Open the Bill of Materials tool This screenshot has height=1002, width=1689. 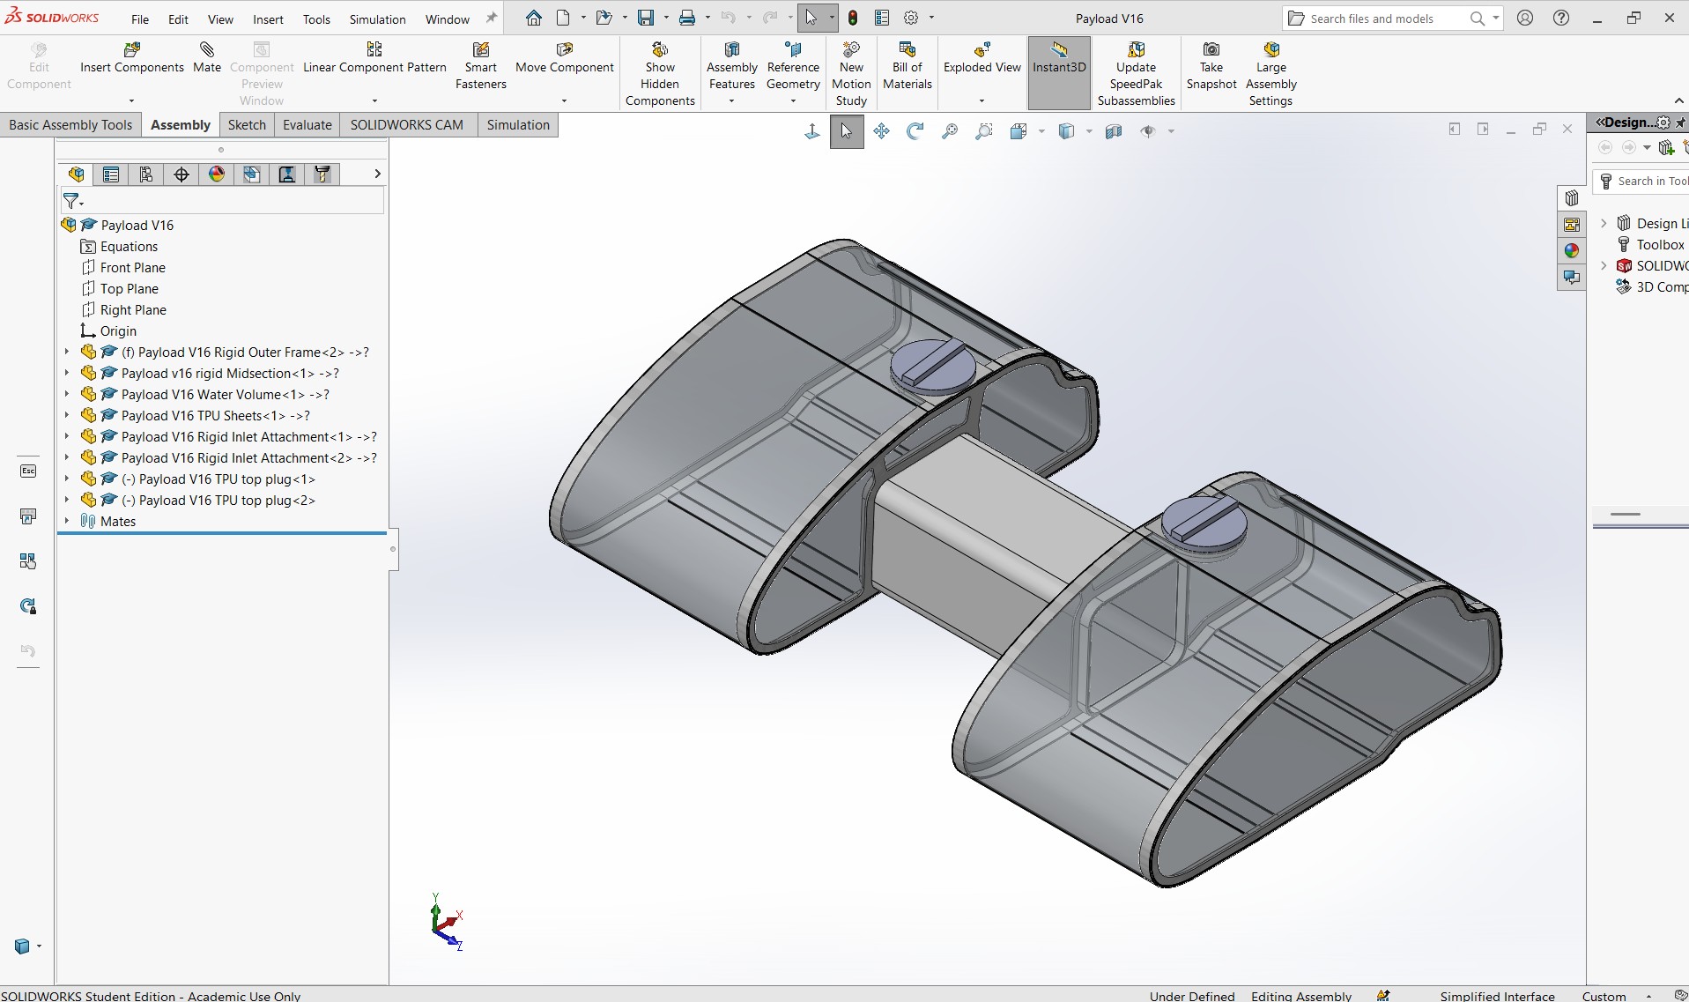907,66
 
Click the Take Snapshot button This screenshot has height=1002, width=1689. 1211,66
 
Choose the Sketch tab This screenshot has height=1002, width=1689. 247,125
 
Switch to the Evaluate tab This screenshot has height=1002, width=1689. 307,125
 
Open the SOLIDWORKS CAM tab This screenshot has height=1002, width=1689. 406,125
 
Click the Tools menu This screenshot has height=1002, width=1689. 316,19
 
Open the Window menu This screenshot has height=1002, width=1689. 448,19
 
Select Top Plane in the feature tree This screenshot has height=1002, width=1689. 129,289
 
